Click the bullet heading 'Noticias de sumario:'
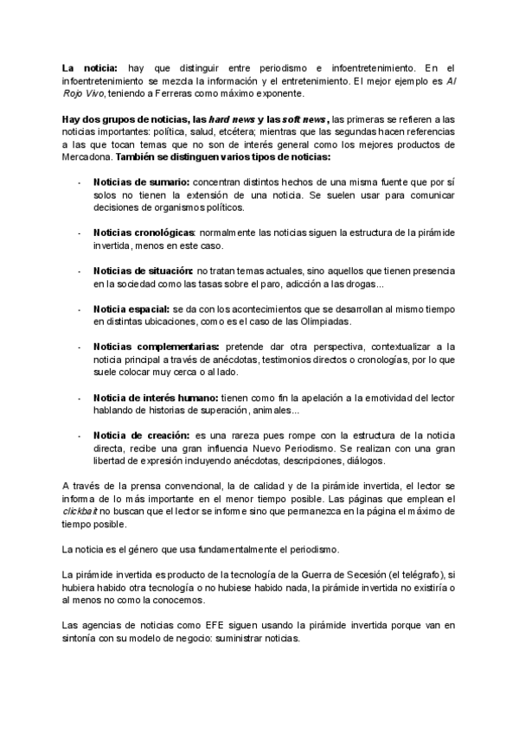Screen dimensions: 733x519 point(141,182)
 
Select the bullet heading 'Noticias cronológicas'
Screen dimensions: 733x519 point(144,233)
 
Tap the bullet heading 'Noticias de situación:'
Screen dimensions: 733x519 point(144,271)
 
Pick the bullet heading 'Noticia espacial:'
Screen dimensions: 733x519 point(131,309)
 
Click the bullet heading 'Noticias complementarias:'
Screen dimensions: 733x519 point(156,346)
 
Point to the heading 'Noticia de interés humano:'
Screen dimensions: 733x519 point(156,397)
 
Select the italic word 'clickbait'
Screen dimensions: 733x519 point(80,512)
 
